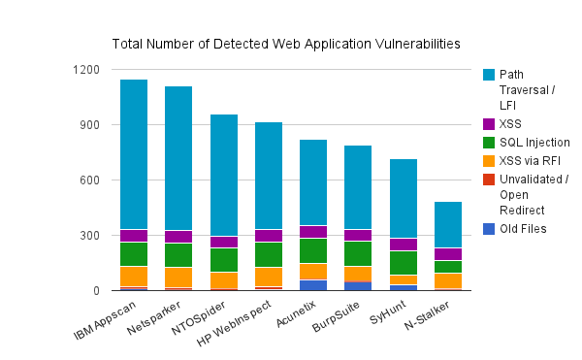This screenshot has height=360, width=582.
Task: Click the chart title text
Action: click(x=286, y=44)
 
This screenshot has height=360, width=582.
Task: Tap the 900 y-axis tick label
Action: click(x=90, y=125)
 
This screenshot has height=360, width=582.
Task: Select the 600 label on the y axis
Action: click(x=90, y=180)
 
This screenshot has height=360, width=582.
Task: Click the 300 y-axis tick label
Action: click(x=90, y=236)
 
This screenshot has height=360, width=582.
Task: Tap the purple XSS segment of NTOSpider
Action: click(x=224, y=242)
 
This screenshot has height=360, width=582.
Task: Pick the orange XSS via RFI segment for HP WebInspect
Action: click(x=269, y=277)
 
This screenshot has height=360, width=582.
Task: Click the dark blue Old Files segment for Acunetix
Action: click(x=313, y=285)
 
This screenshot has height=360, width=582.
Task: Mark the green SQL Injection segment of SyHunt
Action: click(x=403, y=263)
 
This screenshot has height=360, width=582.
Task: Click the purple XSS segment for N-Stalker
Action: click(x=447, y=254)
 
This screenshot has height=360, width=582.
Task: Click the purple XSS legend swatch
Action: click(x=489, y=123)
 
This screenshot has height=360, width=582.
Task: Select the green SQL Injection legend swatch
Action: click(x=489, y=142)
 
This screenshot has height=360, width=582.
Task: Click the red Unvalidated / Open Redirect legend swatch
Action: click(x=489, y=180)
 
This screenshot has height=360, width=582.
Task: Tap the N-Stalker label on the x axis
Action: click(x=434, y=316)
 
